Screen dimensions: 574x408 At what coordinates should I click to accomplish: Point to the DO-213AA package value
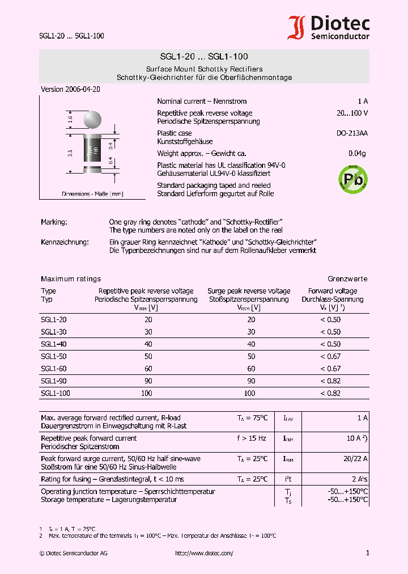coord(352,133)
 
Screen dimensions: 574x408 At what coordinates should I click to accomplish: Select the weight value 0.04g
coord(357,154)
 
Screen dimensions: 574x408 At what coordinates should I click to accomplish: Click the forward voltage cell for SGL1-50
coord(330,356)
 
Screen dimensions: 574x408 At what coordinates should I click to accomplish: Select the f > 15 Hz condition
coord(252,438)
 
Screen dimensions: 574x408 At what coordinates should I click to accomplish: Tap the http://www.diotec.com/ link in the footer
coord(204,553)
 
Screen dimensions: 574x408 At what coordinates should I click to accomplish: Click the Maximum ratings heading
coord(71,279)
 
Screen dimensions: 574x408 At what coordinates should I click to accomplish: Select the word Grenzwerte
coord(347,279)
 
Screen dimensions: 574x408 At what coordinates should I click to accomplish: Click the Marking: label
coord(54,222)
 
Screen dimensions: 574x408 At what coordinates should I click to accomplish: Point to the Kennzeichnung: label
coord(65,242)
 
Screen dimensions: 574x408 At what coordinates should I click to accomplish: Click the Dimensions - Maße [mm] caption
coord(92,194)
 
